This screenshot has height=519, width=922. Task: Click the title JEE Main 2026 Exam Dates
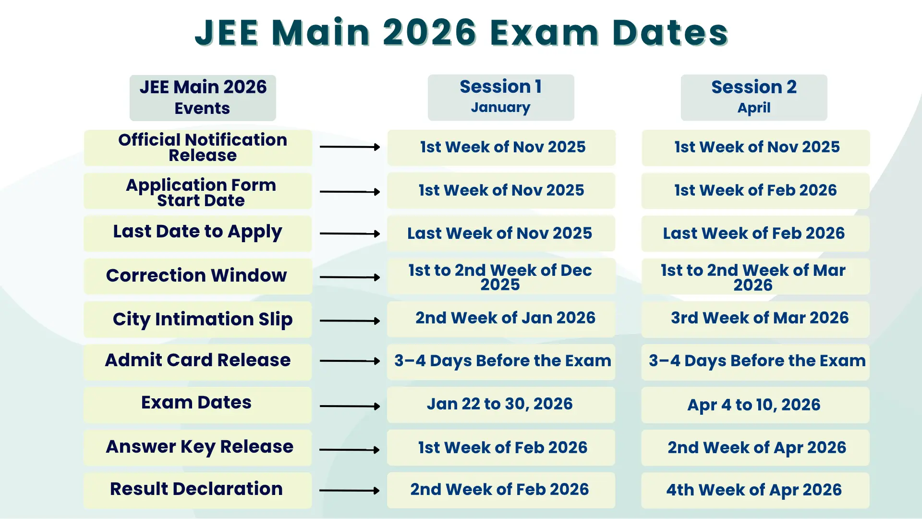[x=461, y=33]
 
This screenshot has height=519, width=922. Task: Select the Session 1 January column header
[x=501, y=97]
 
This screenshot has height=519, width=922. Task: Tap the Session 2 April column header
[x=754, y=97]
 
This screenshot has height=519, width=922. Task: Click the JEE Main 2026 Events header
[x=203, y=98]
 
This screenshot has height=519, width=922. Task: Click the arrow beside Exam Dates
[x=350, y=406]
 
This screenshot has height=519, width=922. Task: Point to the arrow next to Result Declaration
[x=350, y=491]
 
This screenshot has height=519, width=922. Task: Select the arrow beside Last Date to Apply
[x=350, y=234]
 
